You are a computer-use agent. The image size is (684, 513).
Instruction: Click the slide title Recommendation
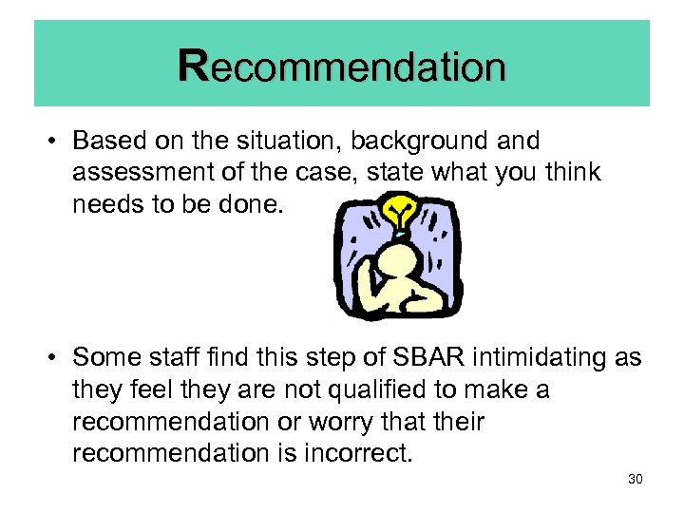pyautogui.click(x=342, y=67)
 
